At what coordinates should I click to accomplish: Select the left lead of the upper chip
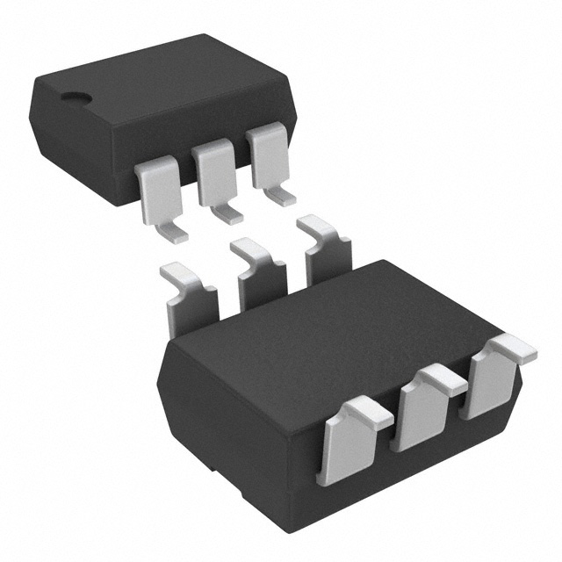coord(157,189)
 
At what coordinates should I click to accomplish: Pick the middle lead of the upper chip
coord(213,171)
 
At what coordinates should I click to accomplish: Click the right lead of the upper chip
coord(266,155)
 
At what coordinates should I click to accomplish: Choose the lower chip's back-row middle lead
coord(261,272)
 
